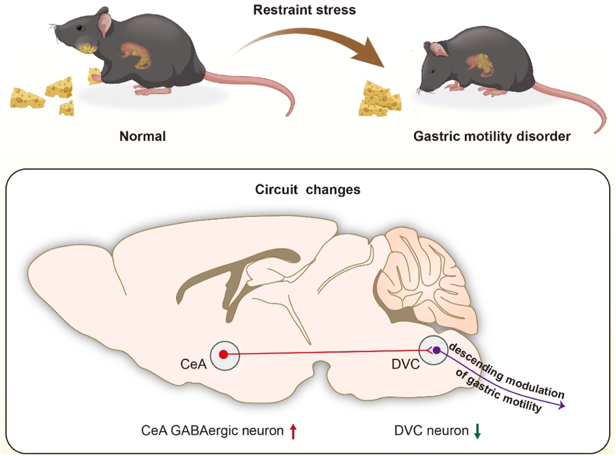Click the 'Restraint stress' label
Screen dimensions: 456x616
click(304, 10)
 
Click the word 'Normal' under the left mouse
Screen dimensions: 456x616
click(142, 136)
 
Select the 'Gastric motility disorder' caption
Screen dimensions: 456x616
click(492, 136)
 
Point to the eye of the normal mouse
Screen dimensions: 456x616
click(80, 28)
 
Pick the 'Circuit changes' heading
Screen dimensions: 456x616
click(308, 189)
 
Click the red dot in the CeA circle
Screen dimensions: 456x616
click(223, 354)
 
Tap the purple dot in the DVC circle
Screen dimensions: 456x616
click(436, 350)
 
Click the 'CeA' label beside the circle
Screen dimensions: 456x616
click(193, 364)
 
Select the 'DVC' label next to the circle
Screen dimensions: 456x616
click(405, 364)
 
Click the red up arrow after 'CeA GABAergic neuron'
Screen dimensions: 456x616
click(293, 431)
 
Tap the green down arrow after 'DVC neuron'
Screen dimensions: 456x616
click(477, 431)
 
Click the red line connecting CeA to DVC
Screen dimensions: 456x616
click(327, 352)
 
